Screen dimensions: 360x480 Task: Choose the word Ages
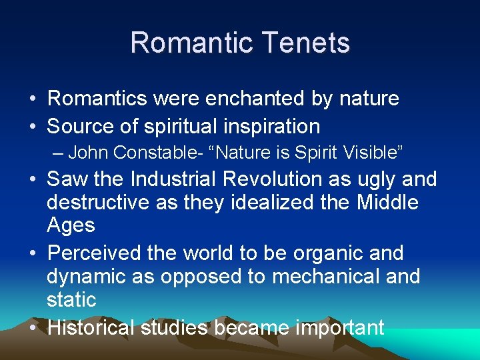[x=71, y=225]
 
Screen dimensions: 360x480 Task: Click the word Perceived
[x=94, y=253]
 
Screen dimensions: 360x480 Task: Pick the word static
[x=71, y=299]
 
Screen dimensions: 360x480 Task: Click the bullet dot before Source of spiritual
[x=33, y=126]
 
